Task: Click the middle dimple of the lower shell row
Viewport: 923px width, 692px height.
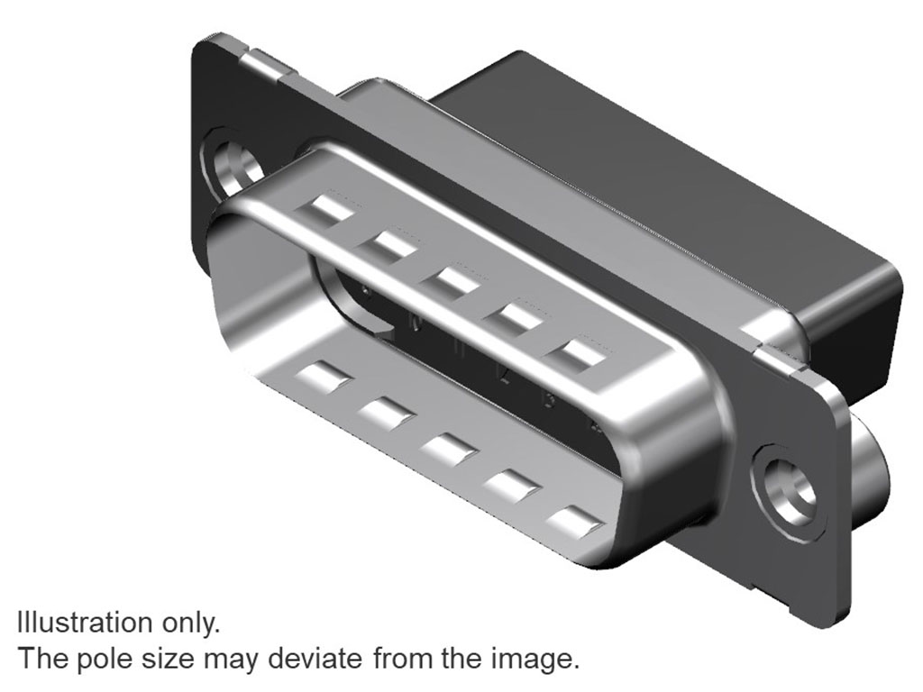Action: coord(449,449)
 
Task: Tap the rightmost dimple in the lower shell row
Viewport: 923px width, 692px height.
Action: coord(577,524)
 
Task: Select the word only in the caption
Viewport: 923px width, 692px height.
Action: coord(191,624)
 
